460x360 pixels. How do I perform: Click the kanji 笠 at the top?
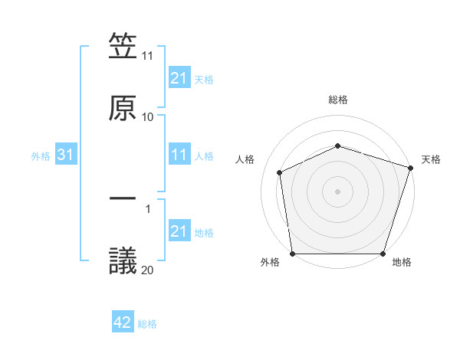point(123,47)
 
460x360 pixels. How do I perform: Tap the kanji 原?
point(123,108)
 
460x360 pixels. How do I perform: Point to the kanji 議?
point(123,260)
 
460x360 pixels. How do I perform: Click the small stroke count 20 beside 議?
point(148,270)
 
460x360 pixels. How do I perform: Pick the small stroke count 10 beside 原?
point(148,117)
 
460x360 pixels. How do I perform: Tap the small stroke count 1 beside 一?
point(148,208)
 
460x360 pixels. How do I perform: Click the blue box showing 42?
point(123,323)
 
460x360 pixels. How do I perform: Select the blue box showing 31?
point(66,155)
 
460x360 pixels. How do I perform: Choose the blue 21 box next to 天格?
point(179,78)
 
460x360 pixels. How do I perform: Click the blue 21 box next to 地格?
point(179,231)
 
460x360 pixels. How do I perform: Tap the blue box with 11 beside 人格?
point(179,155)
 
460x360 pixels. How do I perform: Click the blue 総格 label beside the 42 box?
point(147,324)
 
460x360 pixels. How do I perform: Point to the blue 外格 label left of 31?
point(41,156)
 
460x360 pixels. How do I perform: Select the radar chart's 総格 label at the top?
point(338,100)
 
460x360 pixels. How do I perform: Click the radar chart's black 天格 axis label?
point(431,159)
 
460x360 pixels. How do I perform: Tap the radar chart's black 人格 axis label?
point(245,159)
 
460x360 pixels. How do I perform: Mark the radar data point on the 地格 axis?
point(383,254)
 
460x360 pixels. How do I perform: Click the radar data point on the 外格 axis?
point(292,254)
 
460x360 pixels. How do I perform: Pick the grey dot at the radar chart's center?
point(337,191)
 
